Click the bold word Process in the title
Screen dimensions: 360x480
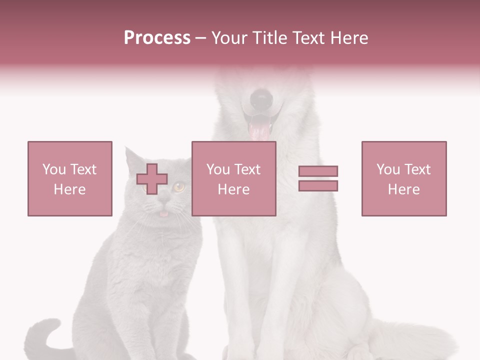coord(157,38)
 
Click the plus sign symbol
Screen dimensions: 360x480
coord(152,178)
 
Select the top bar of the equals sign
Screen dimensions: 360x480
coord(318,171)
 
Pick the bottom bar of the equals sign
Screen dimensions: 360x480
coord(318,185)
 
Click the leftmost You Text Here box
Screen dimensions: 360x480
coord(69,178)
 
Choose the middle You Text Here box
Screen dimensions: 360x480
coord(233,178)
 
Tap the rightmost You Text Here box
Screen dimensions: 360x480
coord(403,178)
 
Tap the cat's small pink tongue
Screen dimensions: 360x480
coord(163,213)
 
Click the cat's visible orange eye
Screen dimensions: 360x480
coord(179,187)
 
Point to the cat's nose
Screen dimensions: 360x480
coord(163,199)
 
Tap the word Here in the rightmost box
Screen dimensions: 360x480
coord(403,189)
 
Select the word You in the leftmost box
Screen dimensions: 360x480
coord(53,169)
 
